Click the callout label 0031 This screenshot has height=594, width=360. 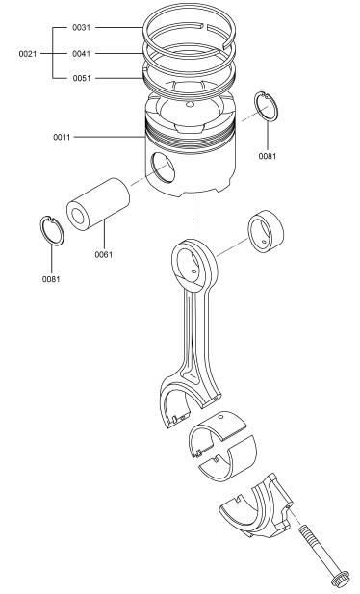[x=82, y=27]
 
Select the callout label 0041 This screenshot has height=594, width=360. [x=82, y=53]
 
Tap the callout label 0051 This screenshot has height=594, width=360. [x=82, y=78]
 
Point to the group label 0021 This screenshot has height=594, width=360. [x=28, y=54]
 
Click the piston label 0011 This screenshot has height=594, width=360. [x=62, y=137]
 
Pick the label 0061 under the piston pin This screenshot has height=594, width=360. [x=103, y=254]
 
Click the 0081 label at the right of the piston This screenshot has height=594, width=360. [x=268, y=156]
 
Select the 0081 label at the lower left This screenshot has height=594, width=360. [x=51, y=279]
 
